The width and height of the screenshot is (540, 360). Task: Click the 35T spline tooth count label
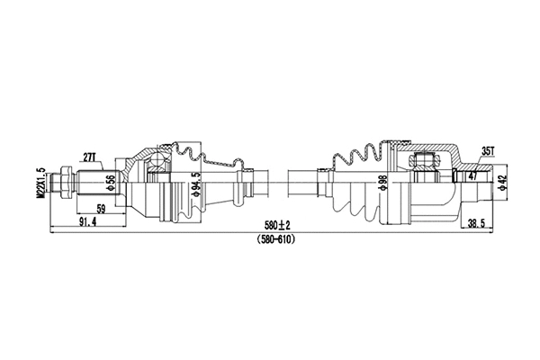click(x=486, y=150)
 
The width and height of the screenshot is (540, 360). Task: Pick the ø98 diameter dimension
click(x=382, y=184)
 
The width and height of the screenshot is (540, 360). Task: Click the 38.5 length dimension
click(x=479, y=221)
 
